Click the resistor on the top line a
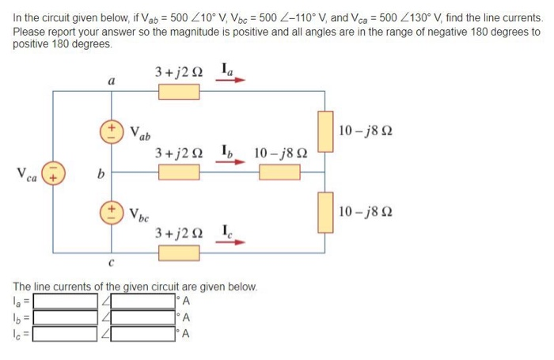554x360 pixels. point(179,92)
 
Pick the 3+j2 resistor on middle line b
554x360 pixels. point(179,172)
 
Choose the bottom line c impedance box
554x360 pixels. point(179,252)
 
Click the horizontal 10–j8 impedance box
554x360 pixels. point(279,172)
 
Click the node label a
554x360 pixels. point(112,81)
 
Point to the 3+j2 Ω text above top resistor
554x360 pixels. point(179,72)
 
